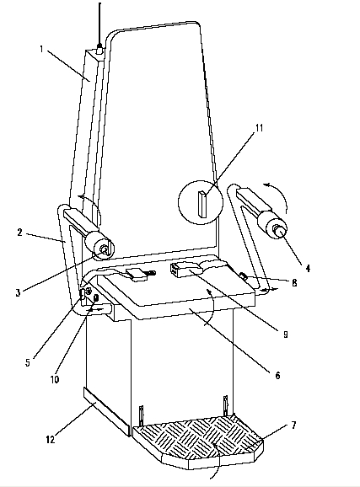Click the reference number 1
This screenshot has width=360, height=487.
coord(41,49)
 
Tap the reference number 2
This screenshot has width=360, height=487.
coord(20,232)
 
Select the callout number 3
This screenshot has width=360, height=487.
coord(18,292)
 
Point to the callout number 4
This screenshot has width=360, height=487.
coord(308,268)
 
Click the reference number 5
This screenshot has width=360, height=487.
coord(28,362)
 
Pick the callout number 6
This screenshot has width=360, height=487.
coord(277,375)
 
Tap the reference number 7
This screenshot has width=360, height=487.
coord(293,425)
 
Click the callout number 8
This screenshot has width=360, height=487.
coord(294,282)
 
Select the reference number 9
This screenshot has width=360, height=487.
coord(286,334)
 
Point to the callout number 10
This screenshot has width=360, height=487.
coord(55,379)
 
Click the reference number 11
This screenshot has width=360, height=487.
coord(260,128)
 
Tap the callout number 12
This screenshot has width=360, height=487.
coord(51,439)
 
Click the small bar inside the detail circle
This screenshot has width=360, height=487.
coord(202,204)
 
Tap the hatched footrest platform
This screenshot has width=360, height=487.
coord(199,441)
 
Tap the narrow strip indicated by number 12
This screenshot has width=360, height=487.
coord(106,411)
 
